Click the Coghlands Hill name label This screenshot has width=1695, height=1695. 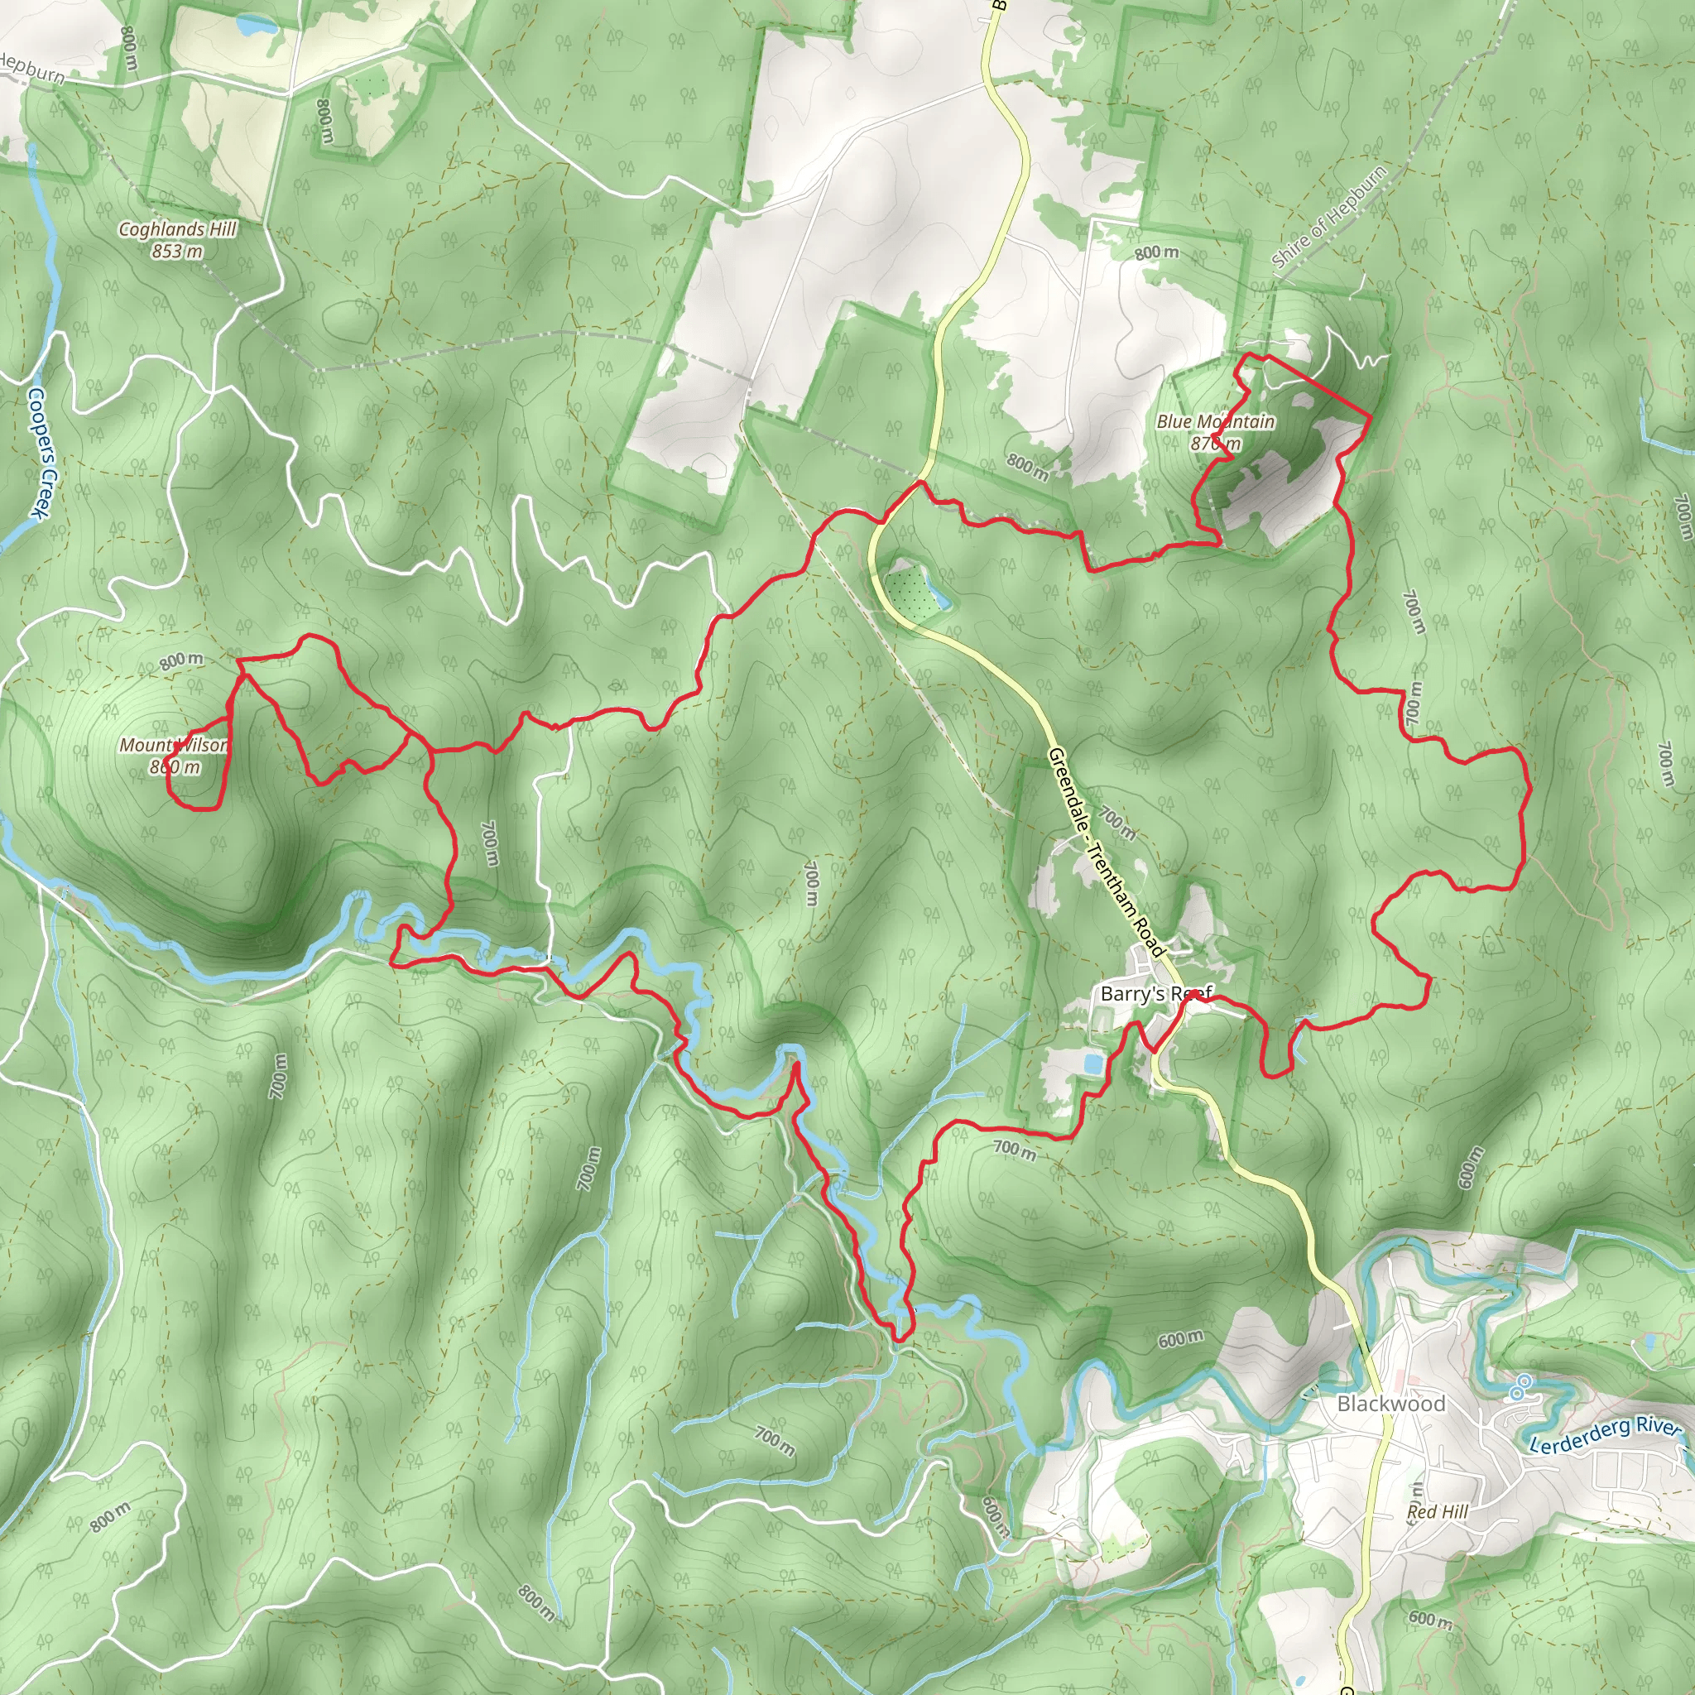tap(177, 229)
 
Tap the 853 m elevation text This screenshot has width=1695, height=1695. tap(177, 252)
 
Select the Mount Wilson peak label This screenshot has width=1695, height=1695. tap(174, 745)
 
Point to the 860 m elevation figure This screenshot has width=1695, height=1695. tap(175, 766)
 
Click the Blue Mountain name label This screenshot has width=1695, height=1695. tap(1215, 422)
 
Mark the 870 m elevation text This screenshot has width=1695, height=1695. tap(1215, 444)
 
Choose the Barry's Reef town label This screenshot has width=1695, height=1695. tap(1155, 993)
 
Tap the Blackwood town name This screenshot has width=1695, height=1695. tap(1390, 1404)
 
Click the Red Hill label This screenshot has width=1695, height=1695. tap(1437, 1511)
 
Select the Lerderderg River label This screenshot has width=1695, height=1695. tap(1604, 1435)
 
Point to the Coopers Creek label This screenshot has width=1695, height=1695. tap(41, 452)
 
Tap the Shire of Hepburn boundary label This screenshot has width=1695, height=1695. tap(1328, 216)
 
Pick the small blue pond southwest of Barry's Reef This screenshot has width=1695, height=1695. tap(1093, 1064)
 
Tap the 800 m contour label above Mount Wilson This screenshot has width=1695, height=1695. tap(180, 660)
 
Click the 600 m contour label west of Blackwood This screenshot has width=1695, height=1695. tap(1180, 1339)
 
